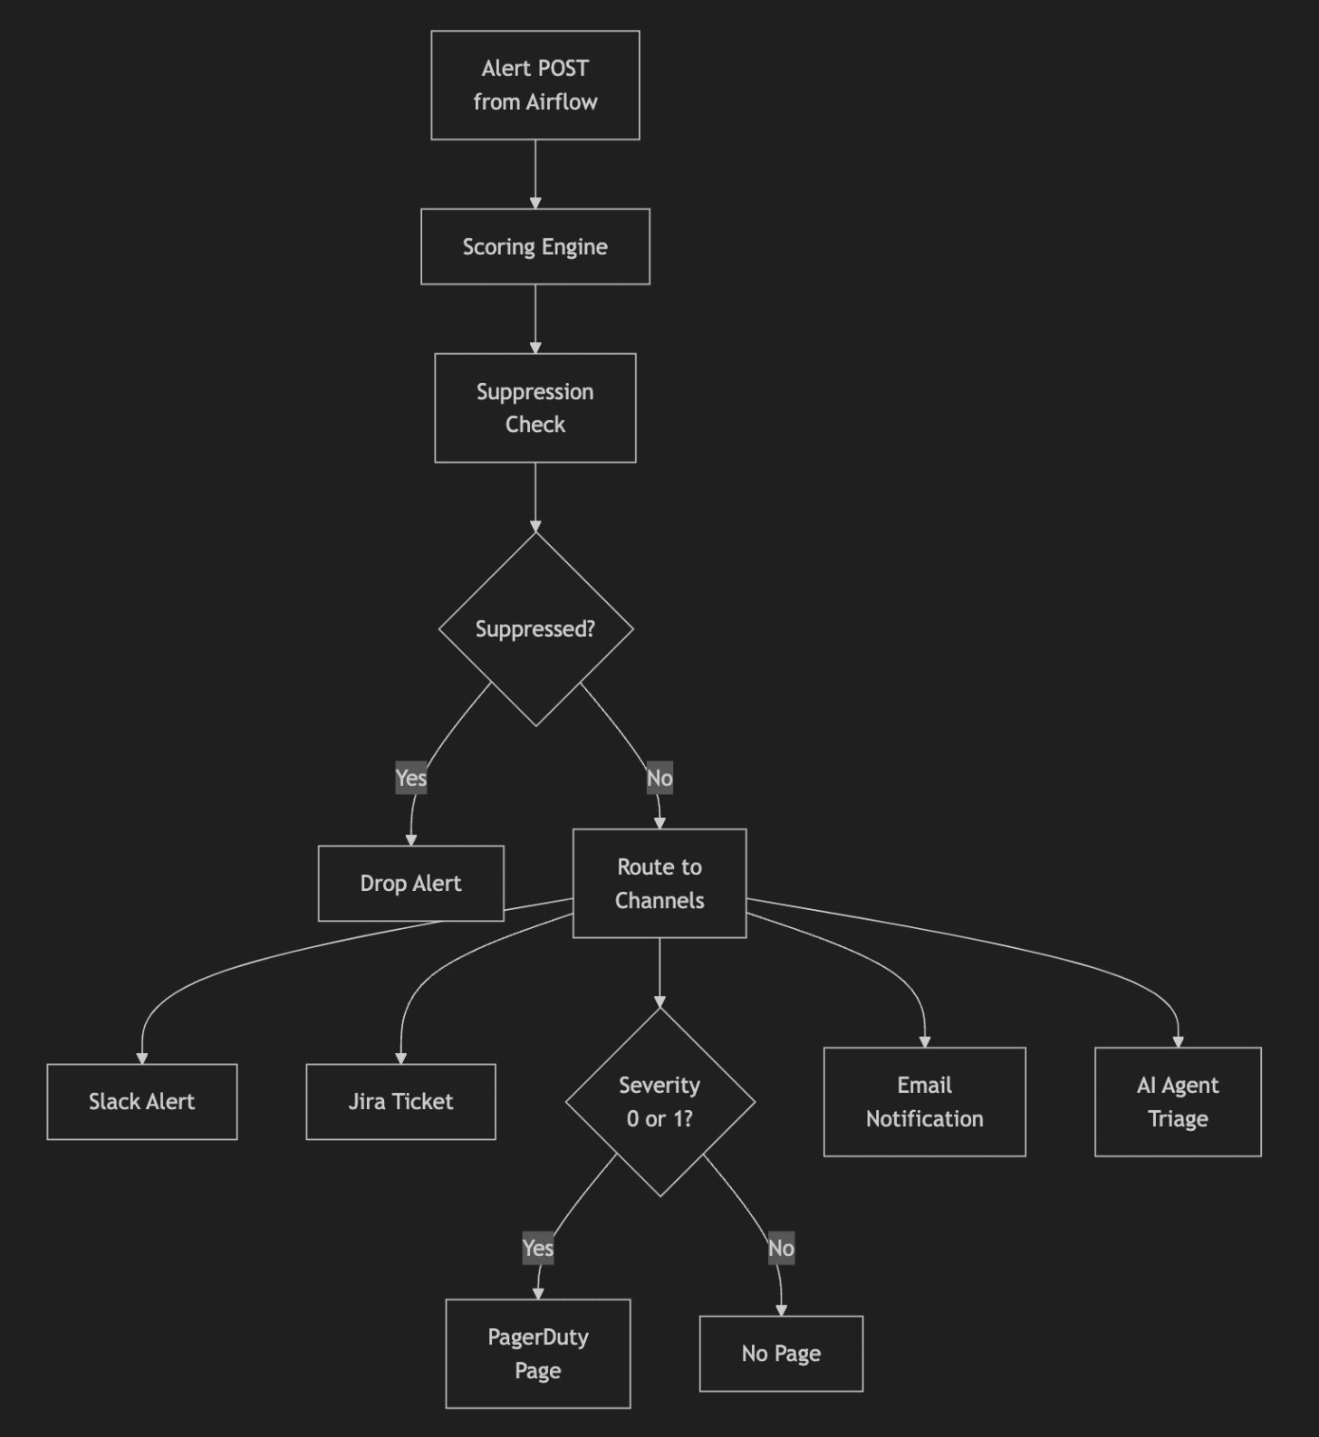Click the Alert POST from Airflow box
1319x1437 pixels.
[534, 85]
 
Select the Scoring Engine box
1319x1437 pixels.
[534, 246]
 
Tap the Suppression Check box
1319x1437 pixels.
[534, 407]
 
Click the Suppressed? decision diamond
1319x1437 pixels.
[535, 628]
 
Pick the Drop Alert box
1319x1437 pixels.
[410, 883]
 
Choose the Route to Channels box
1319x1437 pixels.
[659, 883]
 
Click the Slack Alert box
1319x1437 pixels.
[141, 1101]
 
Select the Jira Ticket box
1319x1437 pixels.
[400, 1101]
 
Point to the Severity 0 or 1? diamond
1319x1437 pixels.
[659, 1101]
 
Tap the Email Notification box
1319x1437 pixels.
[924, 1101]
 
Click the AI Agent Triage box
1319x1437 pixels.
[1178, 1101]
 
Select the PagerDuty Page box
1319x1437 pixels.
[537, 1353]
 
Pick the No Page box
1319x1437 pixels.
[781, 1353]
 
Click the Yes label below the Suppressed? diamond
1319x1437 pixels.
[411, 778]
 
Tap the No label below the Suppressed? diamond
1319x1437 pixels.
[659, 778]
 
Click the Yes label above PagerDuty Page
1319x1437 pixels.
[538, 1248]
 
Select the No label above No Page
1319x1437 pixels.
[781, 1248]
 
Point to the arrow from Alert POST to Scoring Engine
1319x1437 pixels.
[535, 174]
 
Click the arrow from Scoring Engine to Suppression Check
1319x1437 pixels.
[535, 319]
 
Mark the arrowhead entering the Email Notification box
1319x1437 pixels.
[925, 1041]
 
